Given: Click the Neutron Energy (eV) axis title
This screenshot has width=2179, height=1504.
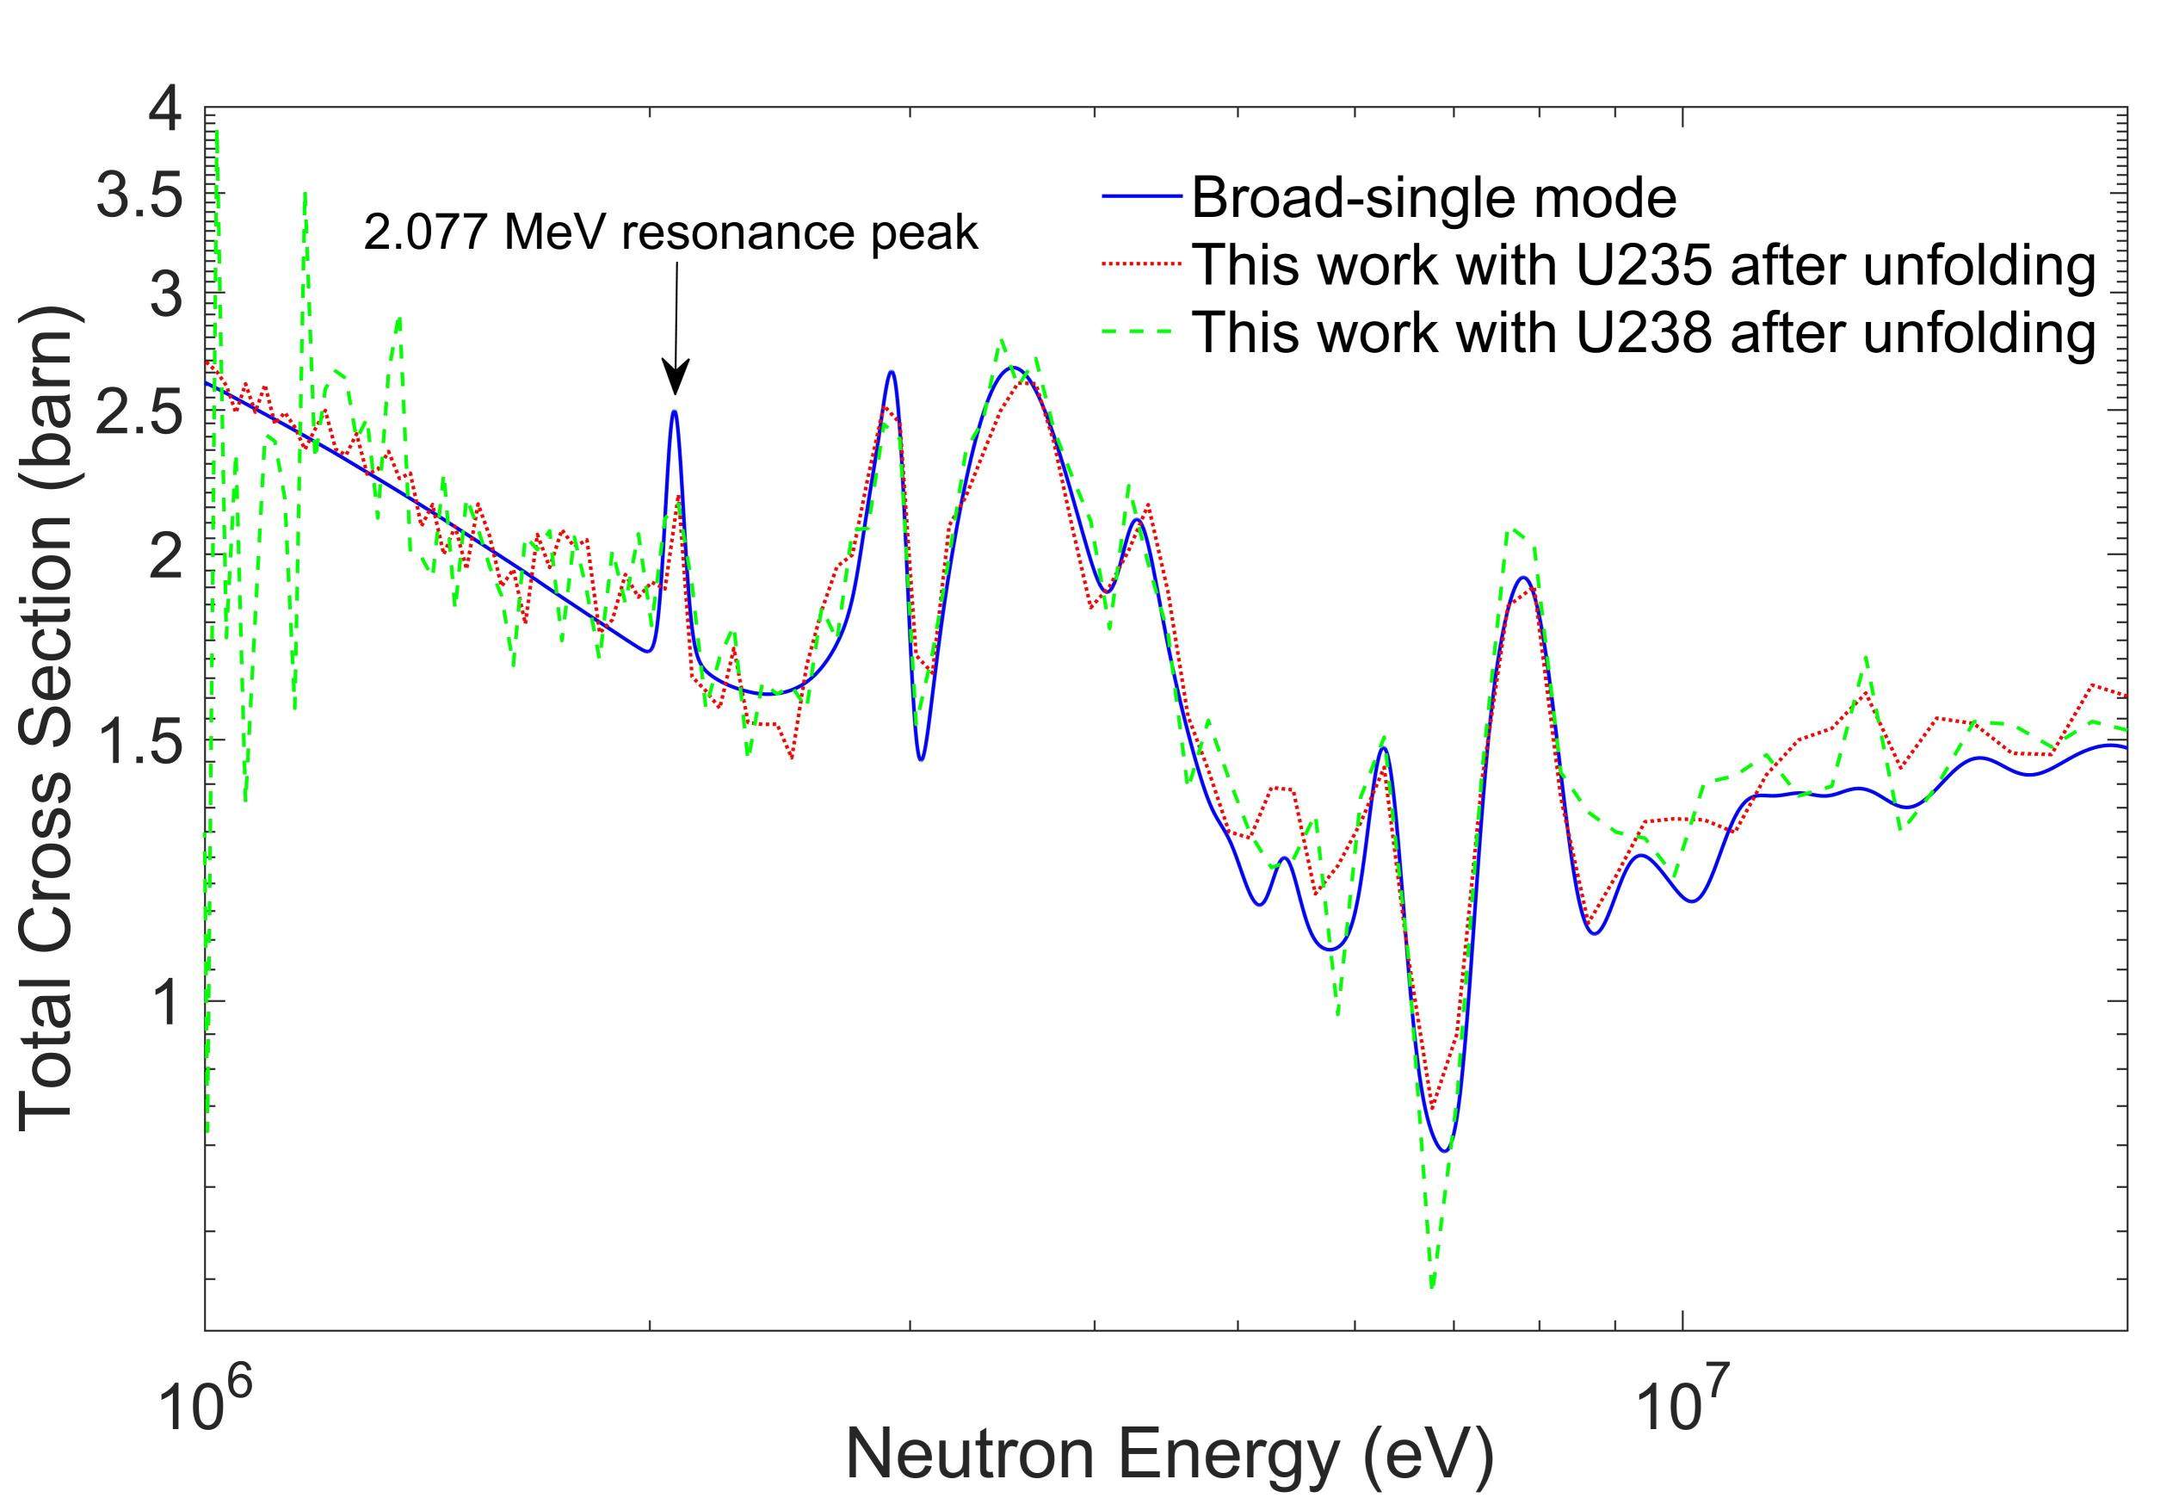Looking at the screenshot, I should point(1170,1461).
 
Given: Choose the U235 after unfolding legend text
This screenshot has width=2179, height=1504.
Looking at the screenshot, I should point(1642,267).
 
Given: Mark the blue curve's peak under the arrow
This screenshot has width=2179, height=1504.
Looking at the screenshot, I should point(675,412).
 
